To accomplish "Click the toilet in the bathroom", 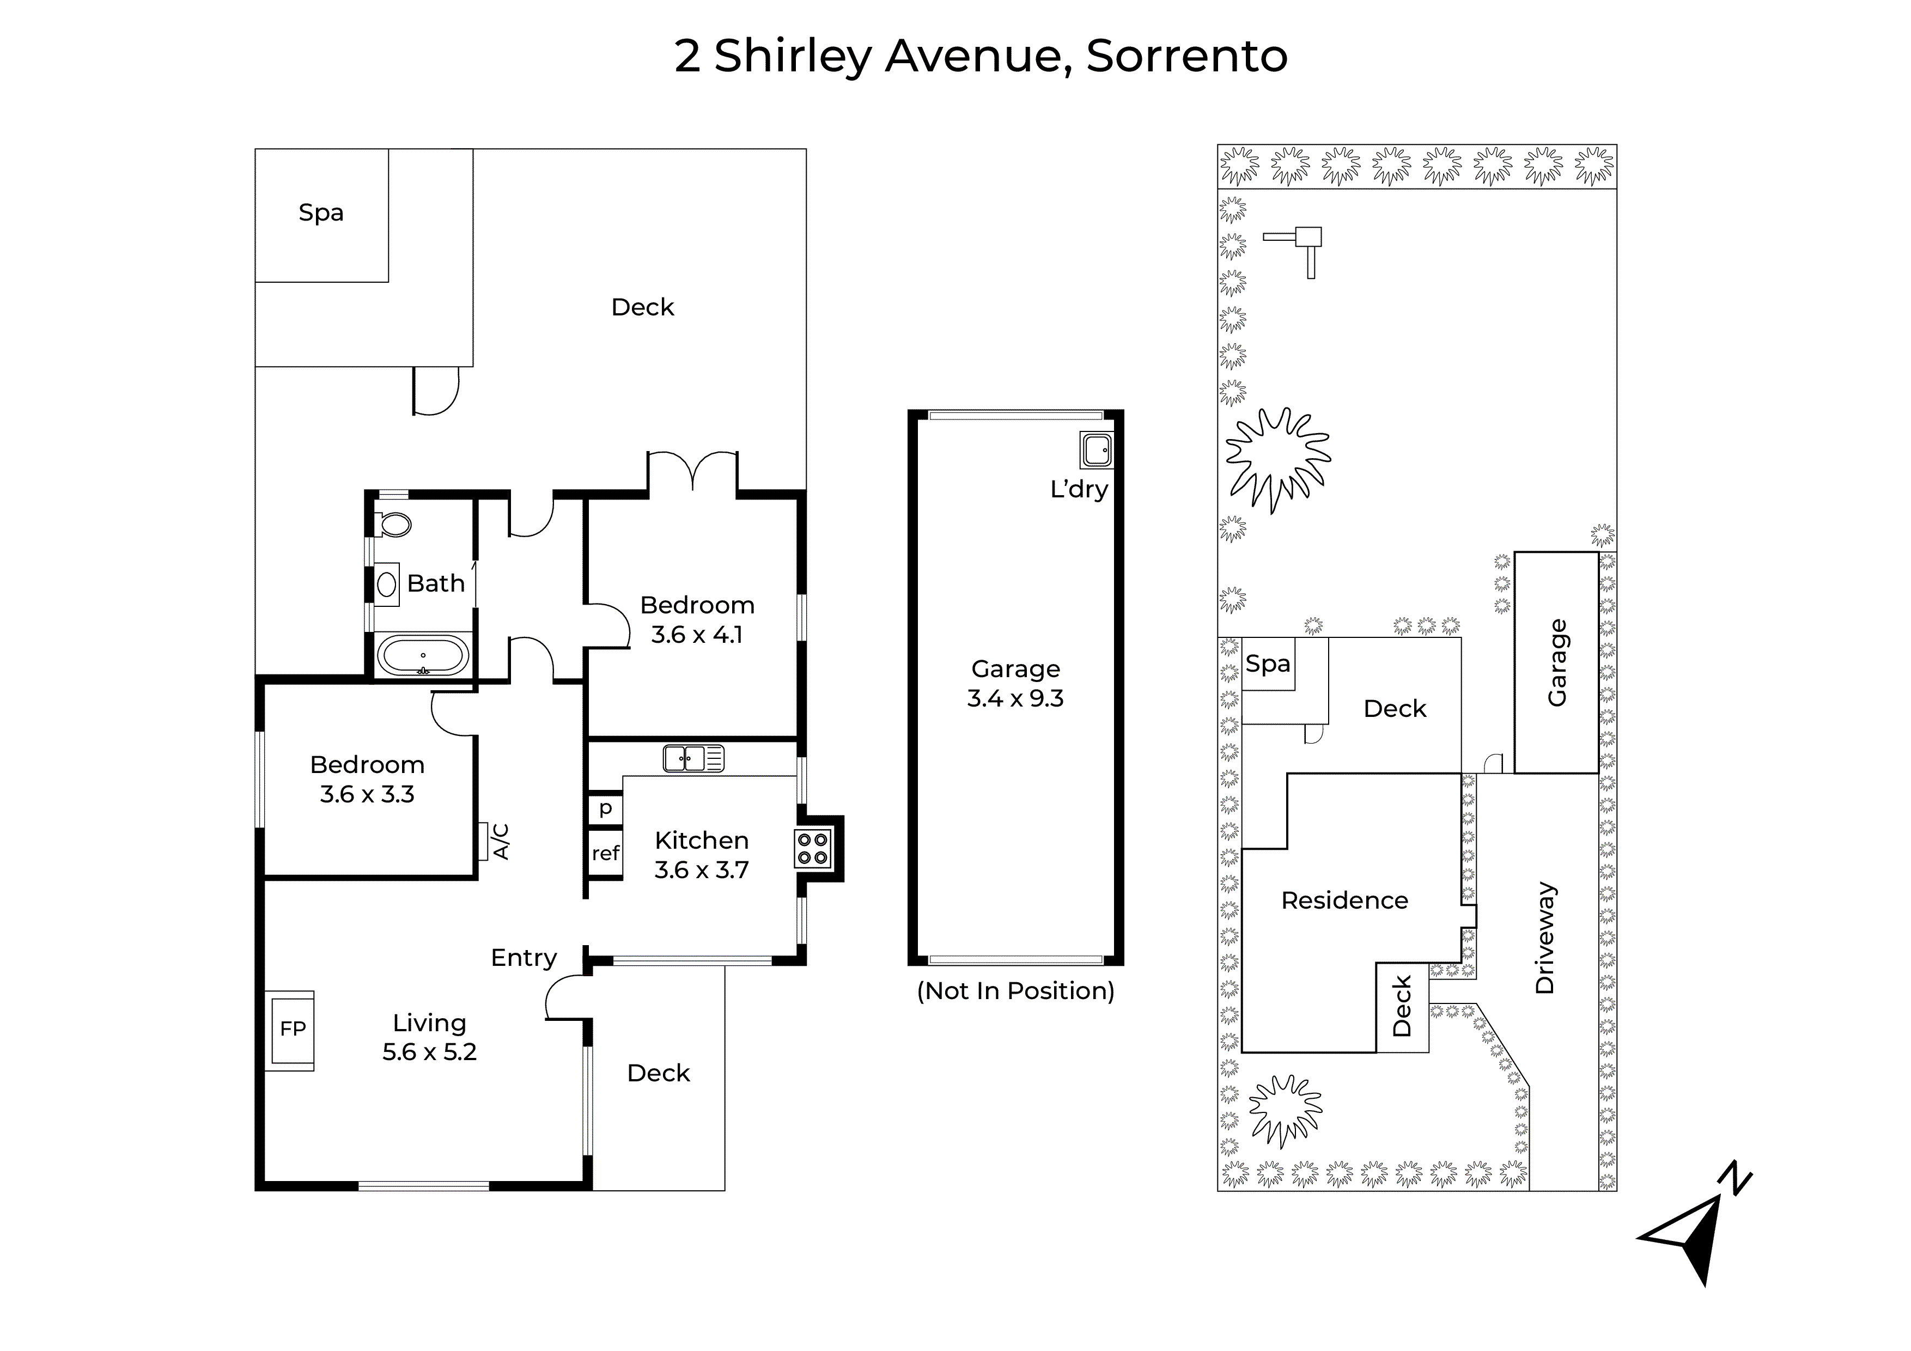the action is tap(394, 525).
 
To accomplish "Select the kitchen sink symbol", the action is tap(693, 758).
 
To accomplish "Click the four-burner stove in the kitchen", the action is tap(812, 848).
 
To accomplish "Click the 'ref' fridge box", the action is tap(605, 853).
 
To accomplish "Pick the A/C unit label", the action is tap(500, 842).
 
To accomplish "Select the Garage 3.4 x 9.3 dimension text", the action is tap(1015, 684).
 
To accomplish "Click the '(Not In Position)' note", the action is tap(1015, 990).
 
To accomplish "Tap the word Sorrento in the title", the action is tap(1187, 57).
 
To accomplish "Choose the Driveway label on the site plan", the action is tap(1545, 938).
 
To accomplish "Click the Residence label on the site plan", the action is tap(1344, 900).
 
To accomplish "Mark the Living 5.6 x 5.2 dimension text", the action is tap(429, 1037).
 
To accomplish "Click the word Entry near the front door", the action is tap(524, 959).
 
